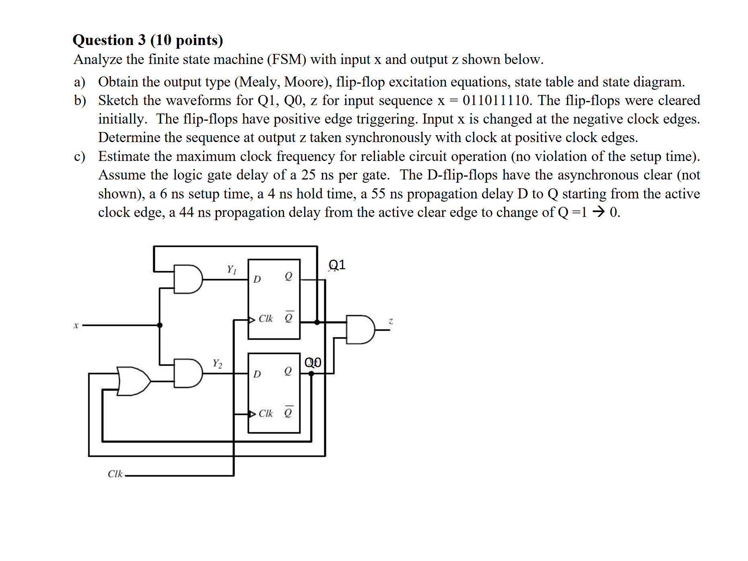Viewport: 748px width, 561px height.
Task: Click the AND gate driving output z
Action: pos(360,330)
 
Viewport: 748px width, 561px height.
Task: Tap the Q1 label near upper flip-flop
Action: pos(337,265)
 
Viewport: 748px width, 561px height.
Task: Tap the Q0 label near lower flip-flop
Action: pos(313,362)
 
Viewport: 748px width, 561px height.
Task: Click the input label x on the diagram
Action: pos(76,325)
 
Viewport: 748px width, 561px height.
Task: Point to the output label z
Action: pos(390,321)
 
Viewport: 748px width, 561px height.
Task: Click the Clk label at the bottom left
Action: pos(115,474)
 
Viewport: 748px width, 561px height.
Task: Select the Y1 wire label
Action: pos(231,269)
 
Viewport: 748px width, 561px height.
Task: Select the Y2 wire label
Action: pos(217,363)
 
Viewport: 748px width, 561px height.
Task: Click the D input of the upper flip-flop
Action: pos(257,279)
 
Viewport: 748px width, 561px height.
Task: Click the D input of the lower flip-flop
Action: pos(257,374)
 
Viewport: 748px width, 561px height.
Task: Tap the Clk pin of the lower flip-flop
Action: pos(265,413)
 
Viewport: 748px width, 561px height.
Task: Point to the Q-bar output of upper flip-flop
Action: pos(289,318)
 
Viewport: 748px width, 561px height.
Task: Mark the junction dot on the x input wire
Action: pos(160,325)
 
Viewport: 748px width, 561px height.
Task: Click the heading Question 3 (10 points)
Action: pos(148,40)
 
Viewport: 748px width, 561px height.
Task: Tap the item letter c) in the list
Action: pos(79,156)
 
